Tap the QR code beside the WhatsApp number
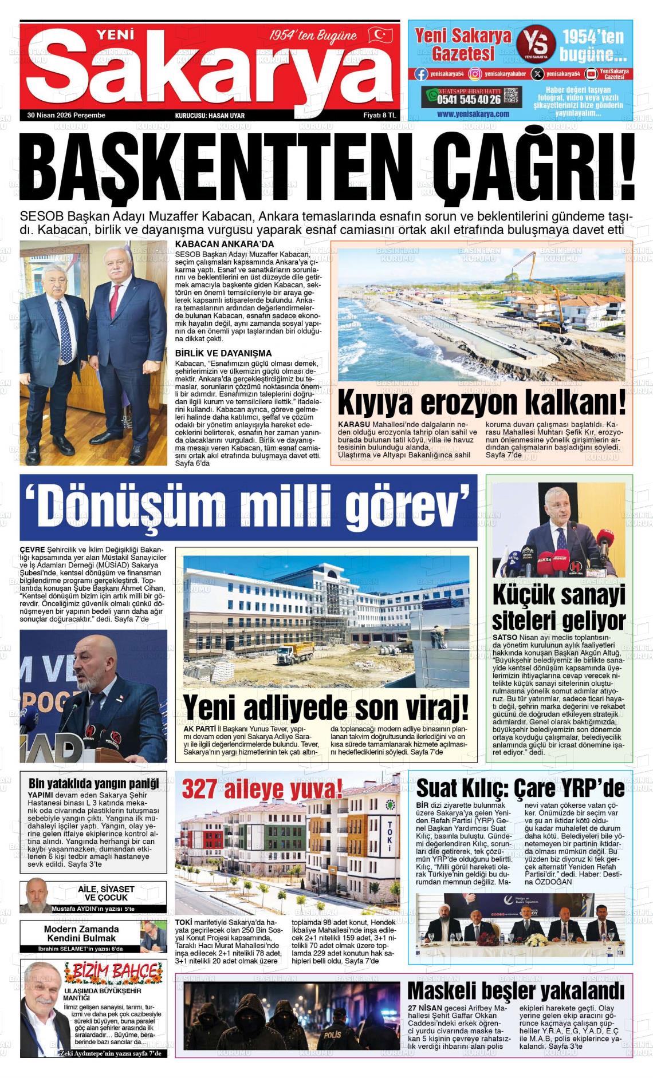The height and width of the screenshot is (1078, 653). click(512, 96)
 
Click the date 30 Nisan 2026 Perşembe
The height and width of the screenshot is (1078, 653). click(66, 115)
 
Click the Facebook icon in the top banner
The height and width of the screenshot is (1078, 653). click(420, 73)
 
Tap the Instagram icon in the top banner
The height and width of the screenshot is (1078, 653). click(474, 73)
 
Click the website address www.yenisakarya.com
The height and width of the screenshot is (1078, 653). click(473, 114)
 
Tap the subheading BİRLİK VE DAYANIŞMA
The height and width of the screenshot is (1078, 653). click(223, 353)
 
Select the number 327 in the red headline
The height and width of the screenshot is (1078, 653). click(200, 791)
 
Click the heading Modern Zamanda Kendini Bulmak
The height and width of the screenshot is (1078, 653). click(81, 933)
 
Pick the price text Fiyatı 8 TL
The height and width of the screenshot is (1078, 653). click(380, 115)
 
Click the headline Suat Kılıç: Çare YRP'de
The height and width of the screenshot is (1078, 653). click(520, 788)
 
